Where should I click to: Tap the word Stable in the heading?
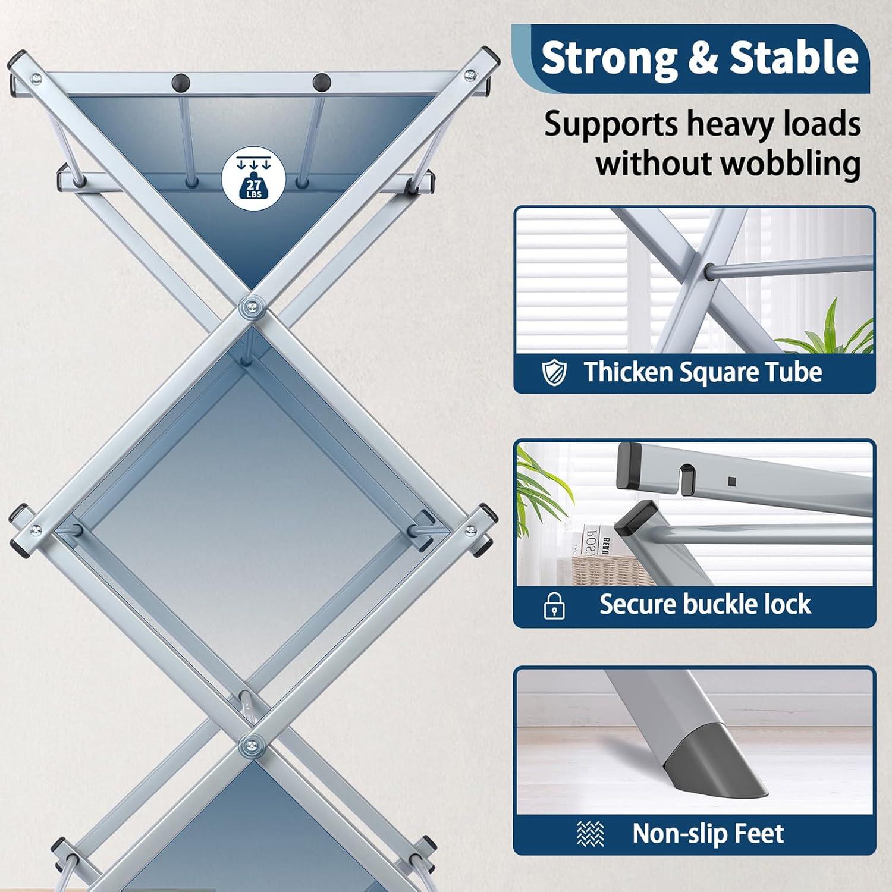[794, 58]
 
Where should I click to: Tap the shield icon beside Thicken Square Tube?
[554, 373]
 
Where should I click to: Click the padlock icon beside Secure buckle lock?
[554, 605]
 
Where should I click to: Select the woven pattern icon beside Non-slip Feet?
[591, 834]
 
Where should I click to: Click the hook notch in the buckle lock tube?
[689, 476]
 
